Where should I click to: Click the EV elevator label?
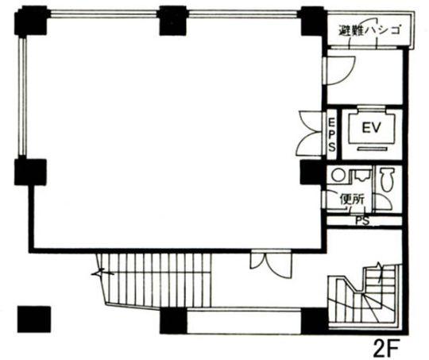tap(371, 128)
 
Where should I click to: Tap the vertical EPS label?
tap(332, 135)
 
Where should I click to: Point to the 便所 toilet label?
tap(352, 199)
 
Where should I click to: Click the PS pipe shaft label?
tap(363, 221)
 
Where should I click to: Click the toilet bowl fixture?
tap(386, 180)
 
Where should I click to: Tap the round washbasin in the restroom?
tap(338, 175)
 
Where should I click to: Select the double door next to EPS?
tap(311, 132)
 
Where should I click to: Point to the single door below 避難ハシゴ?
tap(338, 70)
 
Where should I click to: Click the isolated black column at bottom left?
tap(34, 319)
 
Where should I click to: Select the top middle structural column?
tap(173, 21)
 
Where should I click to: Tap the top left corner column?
tap(31, 21)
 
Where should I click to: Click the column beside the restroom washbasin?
tap(313, 172)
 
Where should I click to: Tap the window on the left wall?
tap(23, 96)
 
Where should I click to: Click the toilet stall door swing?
tap(384, 203)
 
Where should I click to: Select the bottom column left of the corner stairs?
tap(314, 320)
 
